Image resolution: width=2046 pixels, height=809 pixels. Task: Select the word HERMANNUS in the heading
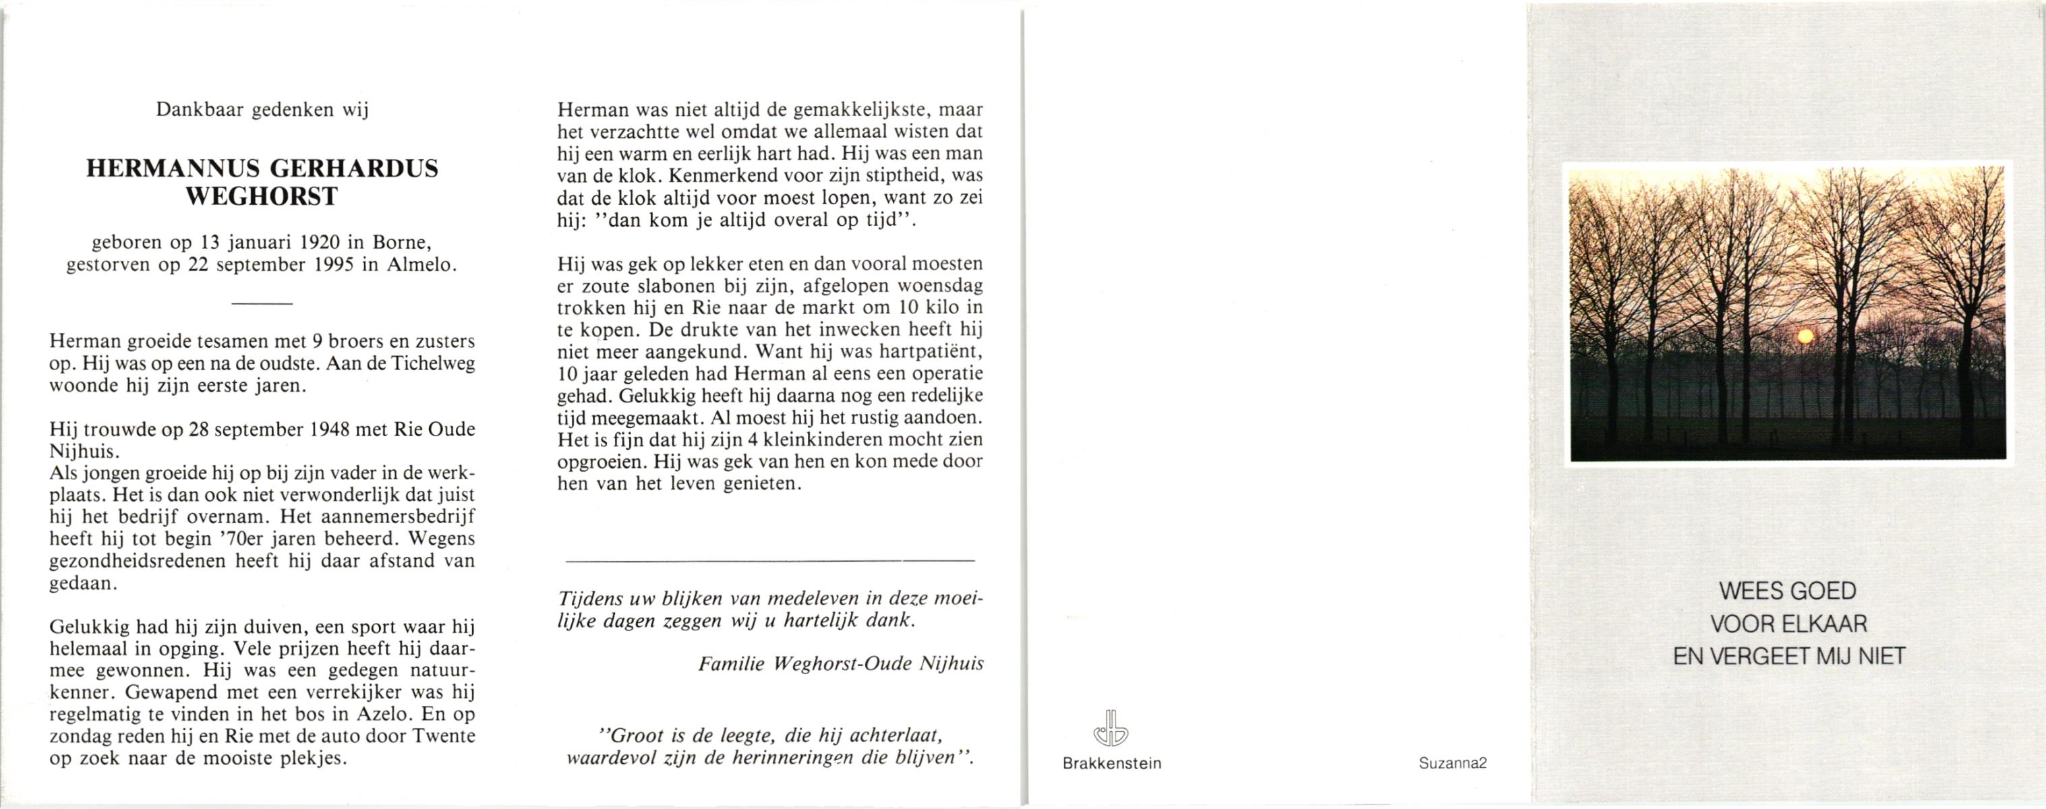[173, 169]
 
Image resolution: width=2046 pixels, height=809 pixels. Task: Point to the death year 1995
[332, 264]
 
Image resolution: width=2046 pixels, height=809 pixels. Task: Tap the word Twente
[443, 735]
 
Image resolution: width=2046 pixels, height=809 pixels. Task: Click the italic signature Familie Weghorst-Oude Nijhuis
[840, 663]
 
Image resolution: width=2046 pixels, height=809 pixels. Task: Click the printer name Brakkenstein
[1111, 764]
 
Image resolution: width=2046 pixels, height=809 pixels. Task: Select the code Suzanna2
[1453, 763]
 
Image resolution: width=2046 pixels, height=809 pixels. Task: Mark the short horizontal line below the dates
[262, 303]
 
